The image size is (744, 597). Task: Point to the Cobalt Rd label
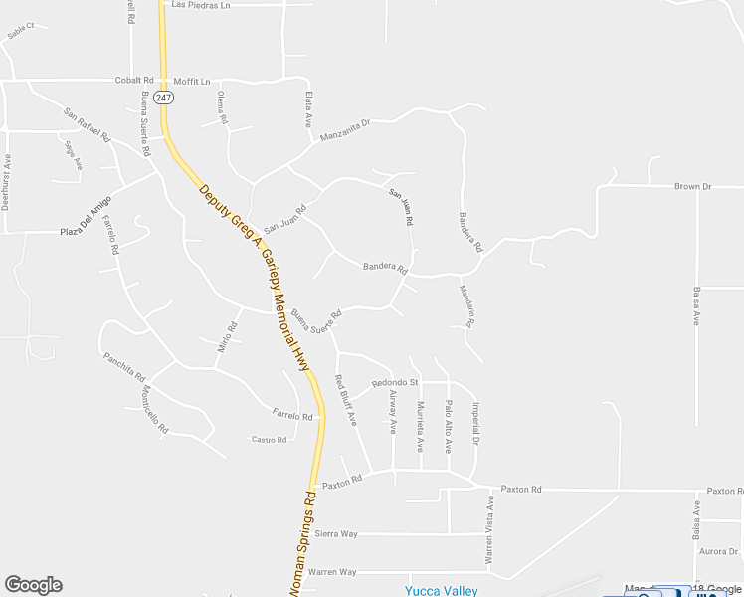click(134, 80)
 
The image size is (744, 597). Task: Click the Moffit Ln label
click(192, 81)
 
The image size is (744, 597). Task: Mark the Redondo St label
click(395, 383)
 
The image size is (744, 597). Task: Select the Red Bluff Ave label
click(345, 400)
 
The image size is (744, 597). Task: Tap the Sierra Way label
click(335, 534)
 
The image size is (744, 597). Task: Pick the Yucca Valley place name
click(441, 590)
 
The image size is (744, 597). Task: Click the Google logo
click(33, 585)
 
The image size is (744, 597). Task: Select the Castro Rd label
click(269, 439)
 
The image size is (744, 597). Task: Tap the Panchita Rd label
click(124, 367)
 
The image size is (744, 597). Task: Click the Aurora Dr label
click(716, 551)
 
